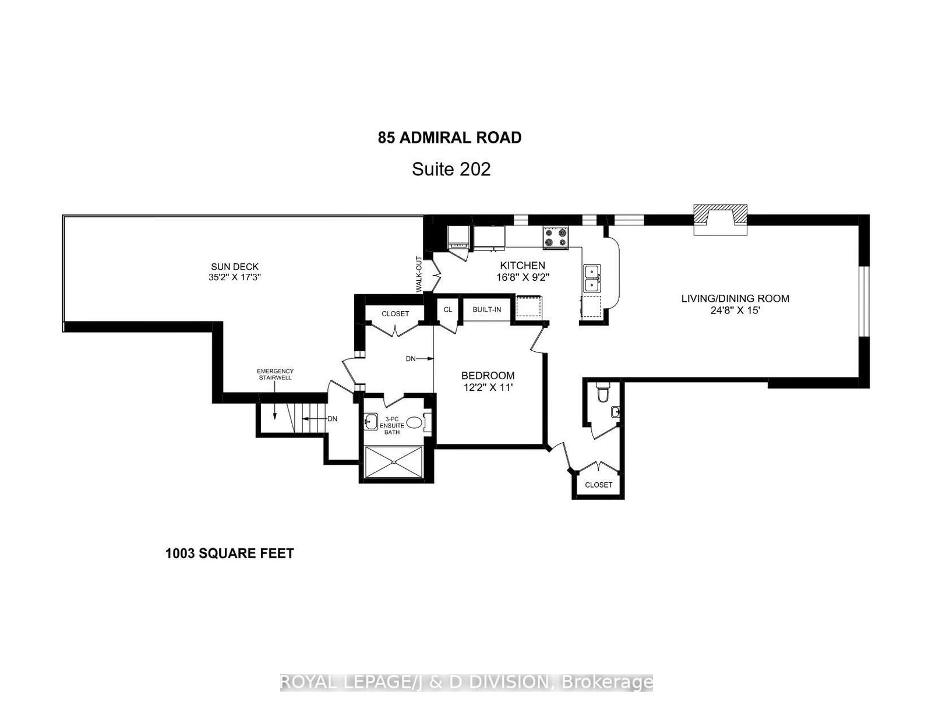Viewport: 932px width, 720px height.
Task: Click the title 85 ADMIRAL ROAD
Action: (450, 138)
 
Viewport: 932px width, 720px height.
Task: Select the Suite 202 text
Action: (451, 170)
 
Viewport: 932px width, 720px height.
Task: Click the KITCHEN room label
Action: (522, 266)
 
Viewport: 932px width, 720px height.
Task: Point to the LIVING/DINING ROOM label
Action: (735, 299)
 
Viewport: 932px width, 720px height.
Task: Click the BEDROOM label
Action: (488, 376)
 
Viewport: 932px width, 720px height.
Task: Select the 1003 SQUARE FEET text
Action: (230, 553)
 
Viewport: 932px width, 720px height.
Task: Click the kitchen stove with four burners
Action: (556, 237)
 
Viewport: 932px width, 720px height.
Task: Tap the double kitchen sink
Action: (593, 278)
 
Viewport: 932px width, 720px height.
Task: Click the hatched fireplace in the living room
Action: (721, 220)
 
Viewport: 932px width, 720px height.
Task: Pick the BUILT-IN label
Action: (486, 309)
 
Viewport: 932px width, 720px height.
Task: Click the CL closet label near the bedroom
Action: (447, 309)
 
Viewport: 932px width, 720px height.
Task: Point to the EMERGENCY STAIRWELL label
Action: (276, 374)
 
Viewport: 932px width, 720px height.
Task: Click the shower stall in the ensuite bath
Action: (396, 462)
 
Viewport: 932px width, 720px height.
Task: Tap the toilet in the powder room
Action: (602, 394)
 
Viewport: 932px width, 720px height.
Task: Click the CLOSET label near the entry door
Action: (598, 485)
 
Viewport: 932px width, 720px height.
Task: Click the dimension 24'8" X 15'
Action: (735, 311)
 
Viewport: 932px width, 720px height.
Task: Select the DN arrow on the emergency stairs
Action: (319, 418)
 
